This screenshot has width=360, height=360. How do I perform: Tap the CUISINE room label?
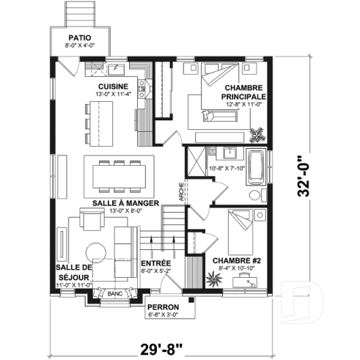pos(114,86)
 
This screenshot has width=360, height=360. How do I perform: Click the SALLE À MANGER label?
pos(126,202)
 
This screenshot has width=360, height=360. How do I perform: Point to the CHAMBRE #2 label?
pos(234,260)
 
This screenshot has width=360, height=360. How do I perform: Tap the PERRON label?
pos(162,307)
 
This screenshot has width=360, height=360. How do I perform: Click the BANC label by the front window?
pos(114,293)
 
